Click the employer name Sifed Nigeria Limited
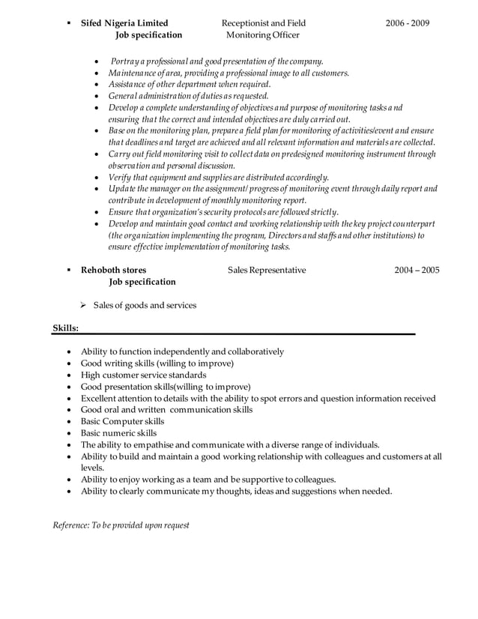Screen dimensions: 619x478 click(124, 23)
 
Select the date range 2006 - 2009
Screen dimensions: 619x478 click(408, 23)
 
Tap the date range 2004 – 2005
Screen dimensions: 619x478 click(417, 270)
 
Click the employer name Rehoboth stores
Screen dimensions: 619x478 click(114, 270)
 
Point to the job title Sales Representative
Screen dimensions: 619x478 click(267, 270)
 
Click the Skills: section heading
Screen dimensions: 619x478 click(66, 327)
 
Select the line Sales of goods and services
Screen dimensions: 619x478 click(145, 305)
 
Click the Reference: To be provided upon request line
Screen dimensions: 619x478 click(121, 525)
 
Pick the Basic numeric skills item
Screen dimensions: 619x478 click(118, 432)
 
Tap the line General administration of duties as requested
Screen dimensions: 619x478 click(188, 96)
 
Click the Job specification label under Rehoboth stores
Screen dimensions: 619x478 click(142, 282)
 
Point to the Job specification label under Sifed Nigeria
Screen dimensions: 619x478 click(148, 35)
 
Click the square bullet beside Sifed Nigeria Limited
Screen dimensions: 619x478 click(68, 23)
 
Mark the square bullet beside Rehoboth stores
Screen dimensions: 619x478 click(68, 270)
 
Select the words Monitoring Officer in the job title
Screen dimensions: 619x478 click(262, 35)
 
